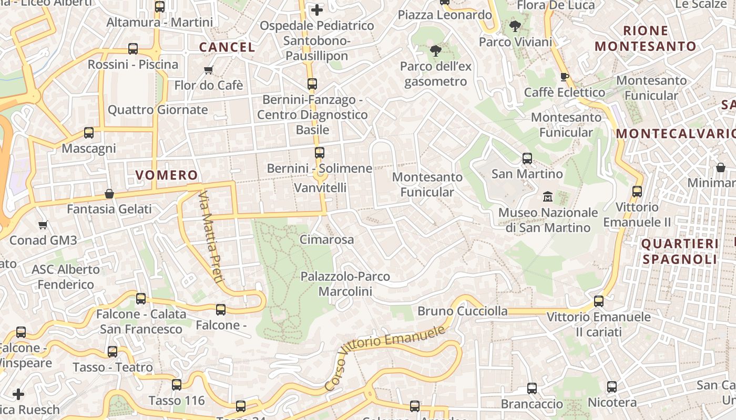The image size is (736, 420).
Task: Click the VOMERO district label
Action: [167, 175]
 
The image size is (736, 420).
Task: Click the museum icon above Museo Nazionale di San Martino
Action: [548, 197]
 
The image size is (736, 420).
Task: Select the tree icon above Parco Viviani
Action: [515, 26]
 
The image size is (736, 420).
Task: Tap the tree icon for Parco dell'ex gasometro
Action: [435, 51]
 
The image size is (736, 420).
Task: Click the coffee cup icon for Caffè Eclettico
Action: [565, 77]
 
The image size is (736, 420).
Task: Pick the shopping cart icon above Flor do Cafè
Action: [208, 70]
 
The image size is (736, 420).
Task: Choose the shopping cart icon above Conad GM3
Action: [43, 225]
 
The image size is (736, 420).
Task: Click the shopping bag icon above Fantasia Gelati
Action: [109, 194]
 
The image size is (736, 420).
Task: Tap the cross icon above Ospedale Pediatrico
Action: [317, 9]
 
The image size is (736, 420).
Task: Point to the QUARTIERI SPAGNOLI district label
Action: [680, 251]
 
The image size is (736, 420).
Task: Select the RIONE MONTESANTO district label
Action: [646, 38]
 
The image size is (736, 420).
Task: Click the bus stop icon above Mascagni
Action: [89, 133]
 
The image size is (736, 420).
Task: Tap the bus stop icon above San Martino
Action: [527, 158]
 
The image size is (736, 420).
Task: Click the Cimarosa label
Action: [326, 239]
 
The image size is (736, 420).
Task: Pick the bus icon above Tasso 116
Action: [177, 385]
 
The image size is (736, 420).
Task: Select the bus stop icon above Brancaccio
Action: [532, 388]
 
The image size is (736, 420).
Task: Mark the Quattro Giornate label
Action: [158, 110]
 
